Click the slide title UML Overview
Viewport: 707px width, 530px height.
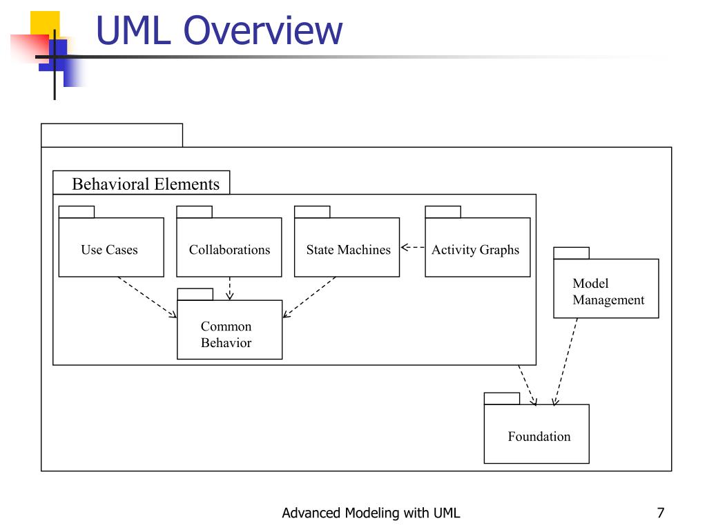pyautogui.click(x=219, y=30)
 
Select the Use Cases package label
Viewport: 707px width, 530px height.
pyautogui.click(x=109, y=250)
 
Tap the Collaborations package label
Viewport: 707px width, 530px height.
pyautogui.click(x=229, y=250)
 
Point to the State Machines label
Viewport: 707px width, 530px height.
pyautogui.click(x=349, y=250)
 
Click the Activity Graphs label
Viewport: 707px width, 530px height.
pyautogui.click(x=475, y=250)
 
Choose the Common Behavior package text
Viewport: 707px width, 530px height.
pyautogui.click(x=226, y=335)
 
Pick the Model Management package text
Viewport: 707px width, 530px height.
pyautogui.click(x=608, y=292)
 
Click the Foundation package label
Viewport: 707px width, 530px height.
pyautogui.click(x=539, y=436)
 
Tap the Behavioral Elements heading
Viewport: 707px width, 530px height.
pyautogui.click(x=146, y=184)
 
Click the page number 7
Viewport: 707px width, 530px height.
pyautogui.click(x=661, y=513)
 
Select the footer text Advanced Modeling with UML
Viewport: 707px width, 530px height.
pyautogui.click(x=371, y=513)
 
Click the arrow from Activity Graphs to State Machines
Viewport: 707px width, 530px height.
pyautogui.click(x=413, y=247)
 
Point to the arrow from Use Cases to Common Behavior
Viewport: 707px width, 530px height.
pyautogui.click(x=147, y=297)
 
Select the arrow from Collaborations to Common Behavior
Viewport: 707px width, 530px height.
pyautogui.click(x=229, y=288)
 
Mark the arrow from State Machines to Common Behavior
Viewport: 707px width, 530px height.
pyautogui.click(x=309, y=297)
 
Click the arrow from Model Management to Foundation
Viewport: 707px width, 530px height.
pyautogui.click(x=566, y=362)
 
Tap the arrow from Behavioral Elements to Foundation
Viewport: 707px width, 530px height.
pyautogui.click(x=527, y=385)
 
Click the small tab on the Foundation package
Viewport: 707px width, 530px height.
pyautogui.click(x=502, y=398)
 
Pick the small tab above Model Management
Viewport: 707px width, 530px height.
pyautogui.click(x=571, y=253)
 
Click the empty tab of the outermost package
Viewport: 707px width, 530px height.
pyautogui.click(x=112, y=135)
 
